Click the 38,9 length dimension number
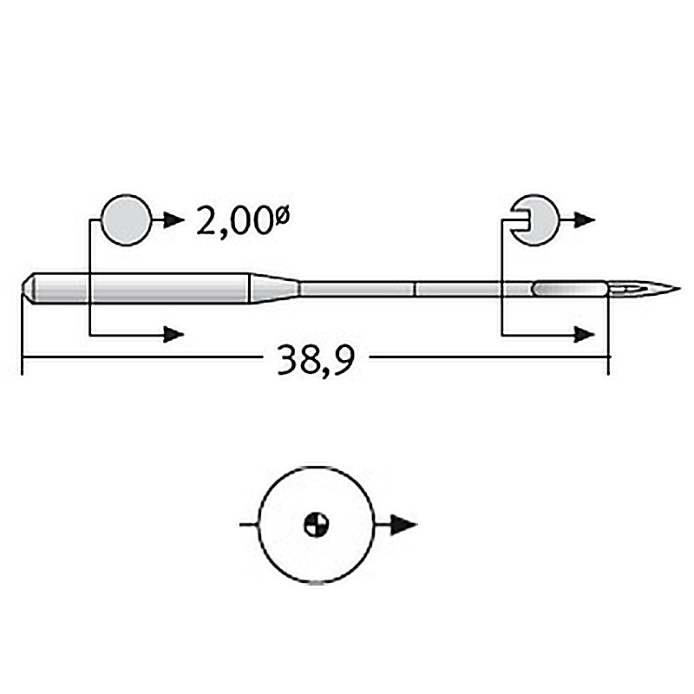tap(316, 359)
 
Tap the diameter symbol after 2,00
tap(283, 216)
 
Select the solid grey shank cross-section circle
tap(126, 220)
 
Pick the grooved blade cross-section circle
tap(535, 220)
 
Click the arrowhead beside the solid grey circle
tap(174, 219)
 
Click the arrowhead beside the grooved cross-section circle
tap(584, 219)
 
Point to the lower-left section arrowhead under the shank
tap(173, 335)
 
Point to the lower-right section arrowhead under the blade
tap(584, 335)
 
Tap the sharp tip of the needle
tap(680, 289)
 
